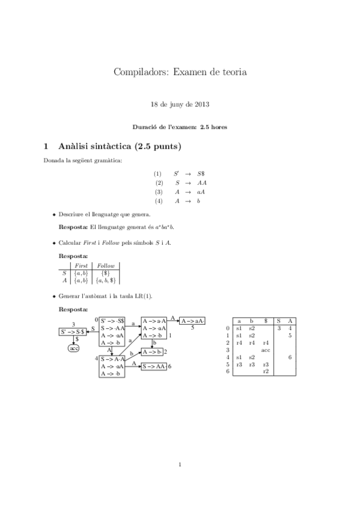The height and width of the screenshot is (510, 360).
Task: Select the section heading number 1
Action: (x=46, y=146)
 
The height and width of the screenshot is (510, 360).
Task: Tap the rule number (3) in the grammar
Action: (x=159, y=191)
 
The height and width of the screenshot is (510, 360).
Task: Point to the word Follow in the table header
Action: (x=106, y=265)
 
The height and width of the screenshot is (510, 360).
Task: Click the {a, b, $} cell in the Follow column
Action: (x=106, y=280)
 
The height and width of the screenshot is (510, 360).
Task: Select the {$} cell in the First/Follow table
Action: (x=106, y=272)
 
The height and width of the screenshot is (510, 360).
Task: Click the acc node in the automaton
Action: (x=75, y=348)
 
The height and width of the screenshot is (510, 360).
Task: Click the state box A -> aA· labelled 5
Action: (x=192, y=321)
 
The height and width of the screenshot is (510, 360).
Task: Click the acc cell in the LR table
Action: (x=266, y=349)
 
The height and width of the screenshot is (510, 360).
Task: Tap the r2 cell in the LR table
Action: (x=266, y=372)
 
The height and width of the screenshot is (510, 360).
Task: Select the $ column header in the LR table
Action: (x=266, y=321)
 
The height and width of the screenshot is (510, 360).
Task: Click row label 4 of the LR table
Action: (x=228, y=357)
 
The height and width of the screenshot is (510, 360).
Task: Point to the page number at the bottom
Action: (x=180, y=464)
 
